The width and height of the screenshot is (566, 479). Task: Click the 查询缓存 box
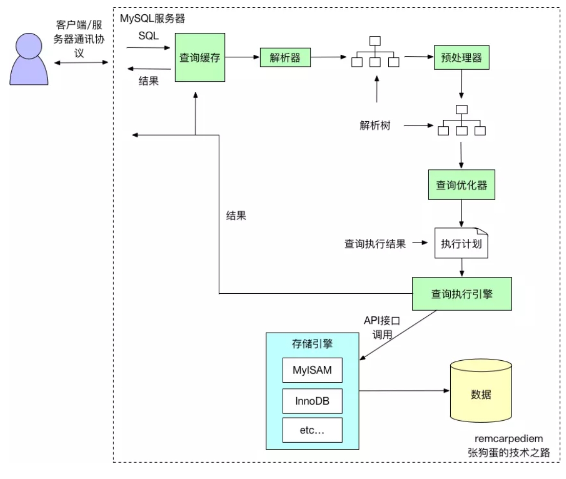(199, 57)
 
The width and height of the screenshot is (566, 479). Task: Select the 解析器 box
(285, 57)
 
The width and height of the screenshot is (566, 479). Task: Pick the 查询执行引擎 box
(462, 294)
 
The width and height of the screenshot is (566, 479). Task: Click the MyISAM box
(312, 370)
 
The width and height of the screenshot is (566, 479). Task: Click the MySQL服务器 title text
(152, 19)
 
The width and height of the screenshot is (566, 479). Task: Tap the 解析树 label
(374, 125)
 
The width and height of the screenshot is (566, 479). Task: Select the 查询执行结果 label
(375, 244)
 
